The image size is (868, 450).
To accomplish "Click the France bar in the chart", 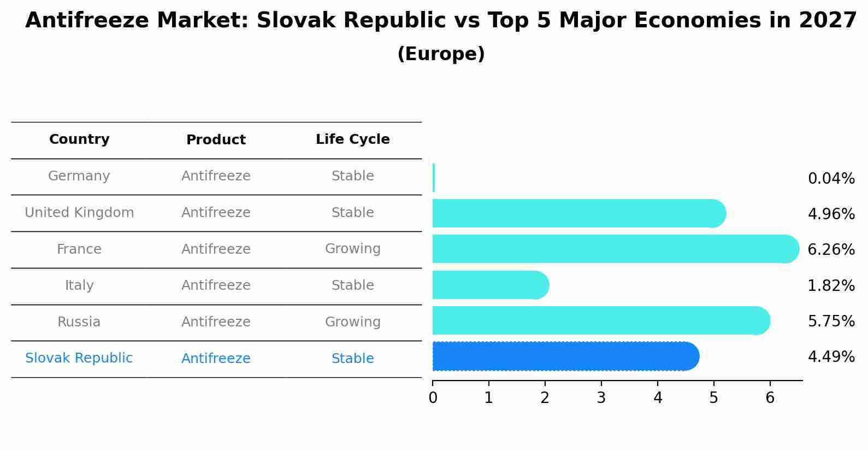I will (x=612, y=249).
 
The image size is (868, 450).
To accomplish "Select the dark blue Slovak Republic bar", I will (x=563, y=357).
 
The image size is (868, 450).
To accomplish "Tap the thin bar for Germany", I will (x=434, y=178).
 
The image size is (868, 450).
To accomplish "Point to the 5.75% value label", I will (x=831, y=321).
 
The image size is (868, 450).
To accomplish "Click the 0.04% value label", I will (x=831, y=179).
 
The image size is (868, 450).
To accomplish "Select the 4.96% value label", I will (x=831, y=214).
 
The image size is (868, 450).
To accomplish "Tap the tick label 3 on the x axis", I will (x=601, y=398).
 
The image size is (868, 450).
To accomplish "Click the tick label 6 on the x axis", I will (x=770, y=398).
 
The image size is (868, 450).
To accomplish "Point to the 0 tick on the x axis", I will (x=433, y=398).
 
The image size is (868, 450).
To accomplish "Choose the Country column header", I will (x=79, y=139).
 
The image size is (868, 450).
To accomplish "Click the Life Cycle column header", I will (x=352, y=139).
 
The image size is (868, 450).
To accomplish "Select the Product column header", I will (x=216, y=140).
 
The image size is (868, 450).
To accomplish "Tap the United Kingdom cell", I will (x=79, y=213).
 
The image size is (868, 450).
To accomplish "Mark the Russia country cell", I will (x=79, y=322).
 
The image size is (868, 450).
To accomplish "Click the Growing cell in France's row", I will (x=352, y=249).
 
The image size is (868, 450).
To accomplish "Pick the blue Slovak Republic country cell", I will (x=79, y=358).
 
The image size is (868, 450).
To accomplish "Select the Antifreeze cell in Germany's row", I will (x=216, y=176).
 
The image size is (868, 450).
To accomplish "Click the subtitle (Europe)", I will (x=441, y=54).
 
